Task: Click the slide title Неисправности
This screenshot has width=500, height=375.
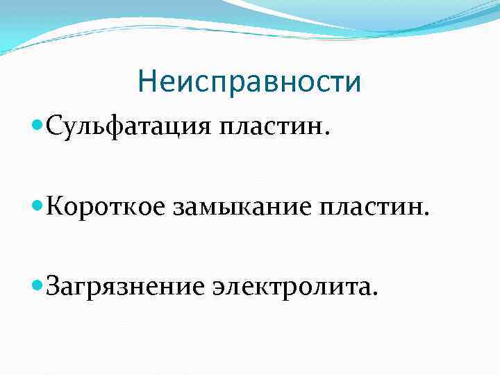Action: tap(249, 81)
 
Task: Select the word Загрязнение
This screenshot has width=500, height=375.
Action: tap(117, 285)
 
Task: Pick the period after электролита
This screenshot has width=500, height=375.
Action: tap(376, 291)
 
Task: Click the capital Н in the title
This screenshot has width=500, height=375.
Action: tap(147, 82)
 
